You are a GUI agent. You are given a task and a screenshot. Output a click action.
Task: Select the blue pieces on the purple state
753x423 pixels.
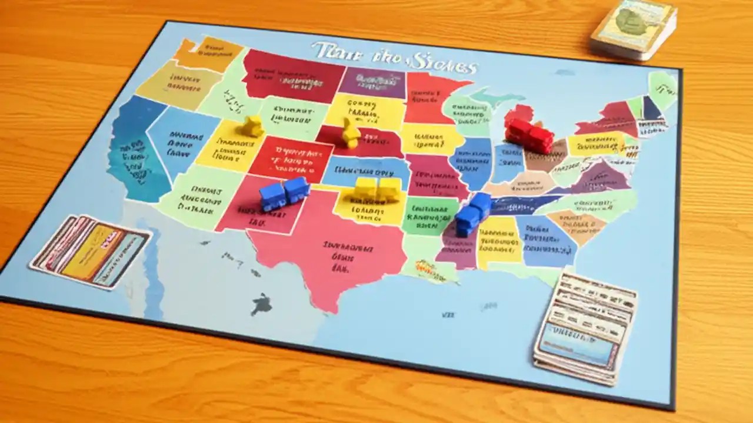coord(472,215)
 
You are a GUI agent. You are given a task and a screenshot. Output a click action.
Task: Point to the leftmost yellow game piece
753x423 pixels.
coord(253,126)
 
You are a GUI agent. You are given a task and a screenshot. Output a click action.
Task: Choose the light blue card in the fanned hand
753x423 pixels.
coord(121,258)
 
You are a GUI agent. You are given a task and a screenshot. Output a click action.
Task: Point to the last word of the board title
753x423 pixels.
coord(447,62)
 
